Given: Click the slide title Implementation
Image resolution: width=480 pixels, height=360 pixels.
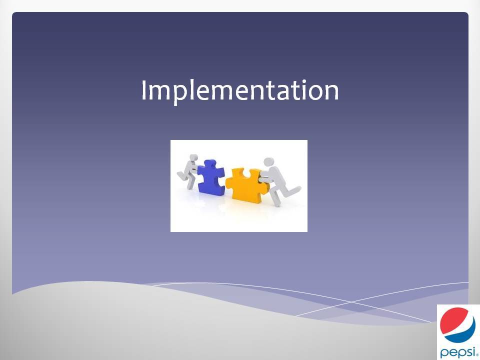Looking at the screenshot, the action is [x=240, y=91].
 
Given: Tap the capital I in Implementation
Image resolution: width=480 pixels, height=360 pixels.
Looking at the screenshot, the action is [x=144, y=89].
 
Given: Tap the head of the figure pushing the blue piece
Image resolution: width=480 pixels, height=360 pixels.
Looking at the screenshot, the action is [x=193, y=157].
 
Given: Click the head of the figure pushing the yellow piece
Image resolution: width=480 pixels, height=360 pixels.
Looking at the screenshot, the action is [x=268, y=161].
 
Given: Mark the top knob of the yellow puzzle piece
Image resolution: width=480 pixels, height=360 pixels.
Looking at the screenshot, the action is [x=246, y=172].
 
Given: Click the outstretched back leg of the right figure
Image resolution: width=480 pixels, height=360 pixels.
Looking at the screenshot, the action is [x=289, y=191].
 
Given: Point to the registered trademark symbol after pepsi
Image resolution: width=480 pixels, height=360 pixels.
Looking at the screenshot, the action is [x=478, y=355].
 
